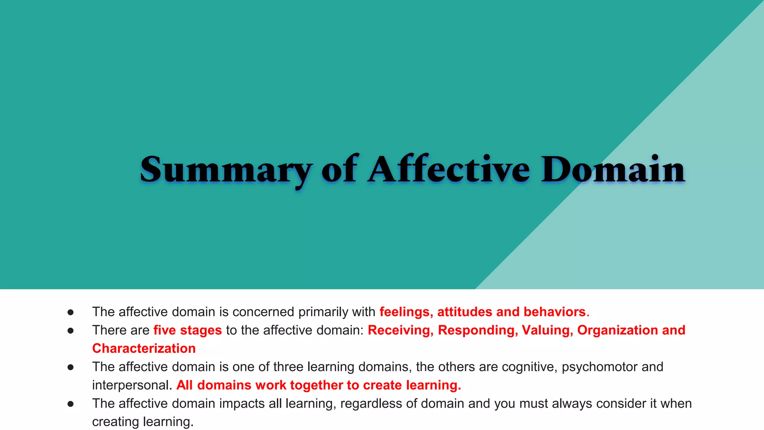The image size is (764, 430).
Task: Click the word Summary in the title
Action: pyautogui.click(x=225, y=170)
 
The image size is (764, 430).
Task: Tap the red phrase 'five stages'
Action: pyautogui.click(x=188, y=330)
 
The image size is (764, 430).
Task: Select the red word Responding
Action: pyautogui.click(x=478, y=330)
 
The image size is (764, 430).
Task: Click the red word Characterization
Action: pyautogui.click(x=144, y=349)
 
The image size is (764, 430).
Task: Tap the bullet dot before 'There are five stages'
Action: pyautogui.click(x=71, y=330)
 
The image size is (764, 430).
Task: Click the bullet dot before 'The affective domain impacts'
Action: pyautogui.click(x=71, y=403)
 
